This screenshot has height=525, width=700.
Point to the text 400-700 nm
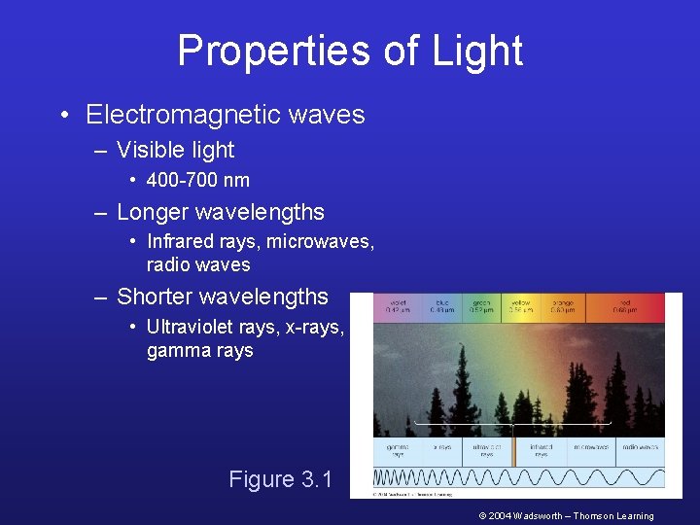(x=197, y=180)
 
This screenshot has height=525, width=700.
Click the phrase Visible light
(x=175, y=150)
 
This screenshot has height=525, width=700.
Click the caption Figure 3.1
(x=280, y=479)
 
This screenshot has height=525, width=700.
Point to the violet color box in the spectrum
(x=397, y=306)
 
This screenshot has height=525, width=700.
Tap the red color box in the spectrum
(x=625, y=306)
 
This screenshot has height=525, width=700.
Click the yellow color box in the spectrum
(x=521, y=306)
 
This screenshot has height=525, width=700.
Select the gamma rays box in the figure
(x=398, y=450)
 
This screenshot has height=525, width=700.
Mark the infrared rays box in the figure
(x=541, y=450)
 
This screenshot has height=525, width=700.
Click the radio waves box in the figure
(x=639, y=450)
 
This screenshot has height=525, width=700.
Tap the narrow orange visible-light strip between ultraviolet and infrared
(x=513, y=450)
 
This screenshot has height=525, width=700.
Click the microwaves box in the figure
(x=590, y=450)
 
